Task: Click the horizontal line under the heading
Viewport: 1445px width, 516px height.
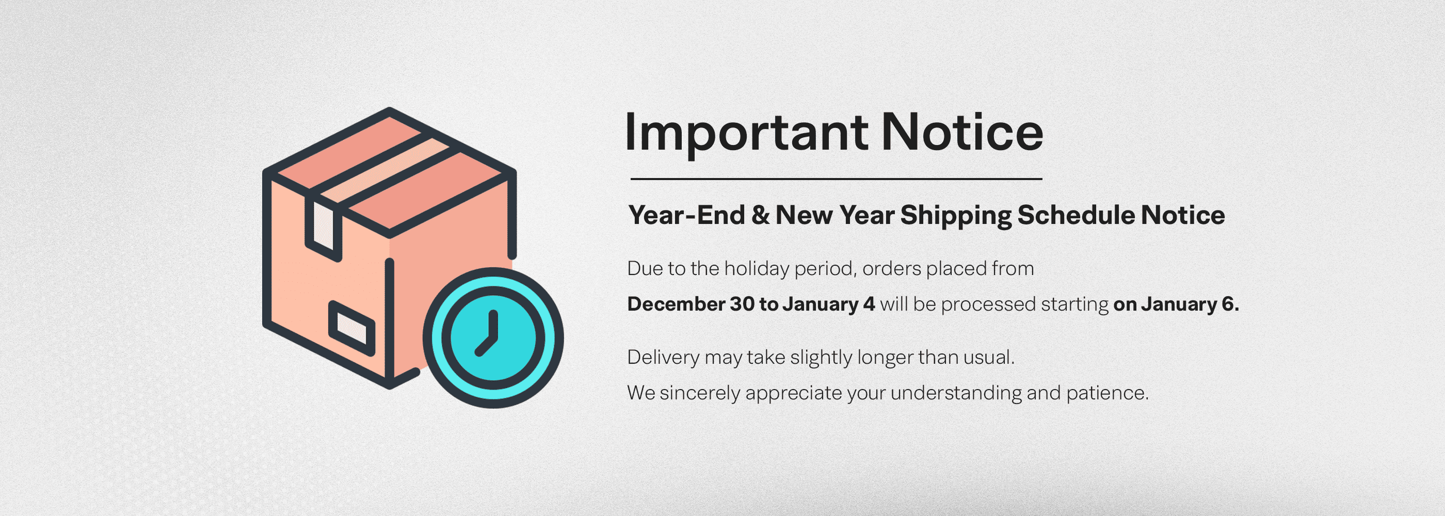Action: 836,179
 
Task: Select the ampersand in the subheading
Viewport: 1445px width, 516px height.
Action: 760,215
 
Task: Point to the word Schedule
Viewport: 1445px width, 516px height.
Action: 1077,215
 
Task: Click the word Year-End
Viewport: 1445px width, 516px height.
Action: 686,215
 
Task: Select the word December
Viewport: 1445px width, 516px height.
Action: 676,304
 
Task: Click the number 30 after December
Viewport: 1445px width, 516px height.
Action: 742,304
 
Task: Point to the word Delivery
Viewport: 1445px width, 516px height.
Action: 664,357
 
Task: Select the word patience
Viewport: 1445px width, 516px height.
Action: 1107,393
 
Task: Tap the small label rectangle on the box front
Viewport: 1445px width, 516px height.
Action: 352,329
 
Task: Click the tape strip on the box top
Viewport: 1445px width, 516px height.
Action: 384,170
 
